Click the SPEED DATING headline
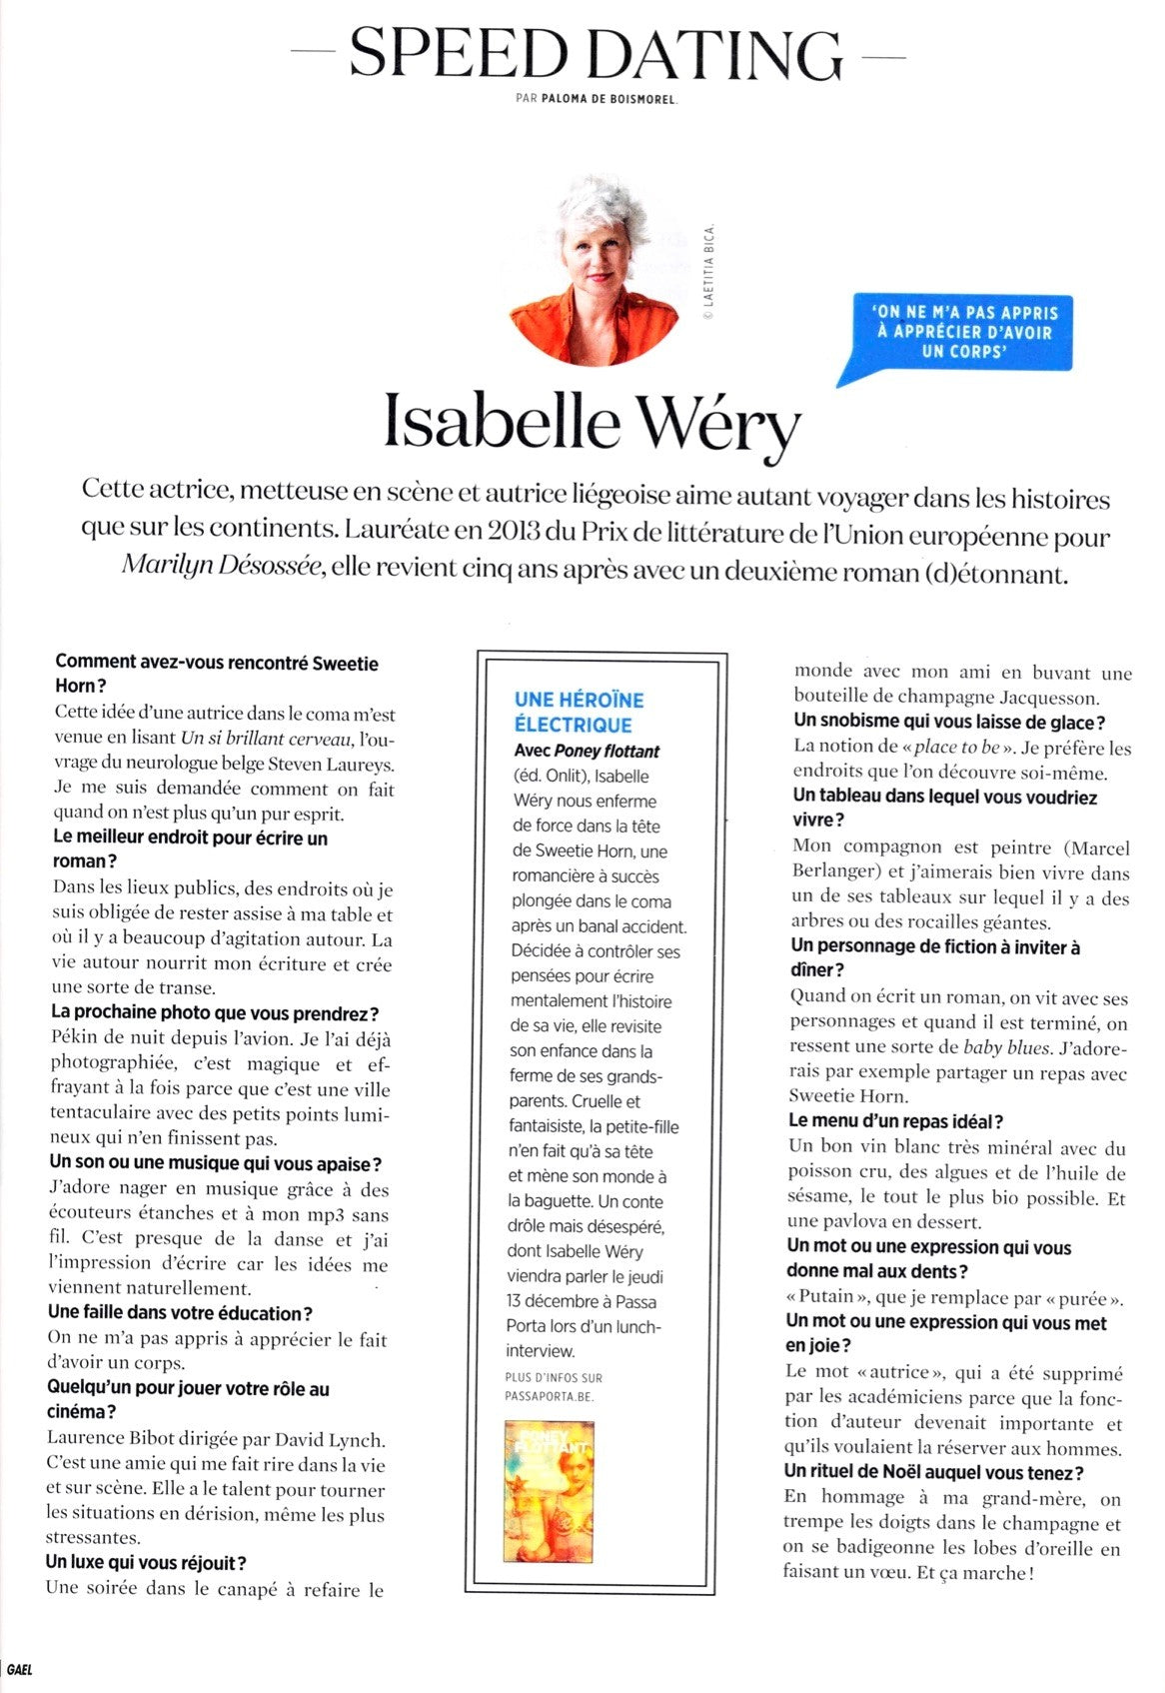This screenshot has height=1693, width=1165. [x=596, y=55]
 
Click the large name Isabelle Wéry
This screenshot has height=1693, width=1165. [x=592, y=424]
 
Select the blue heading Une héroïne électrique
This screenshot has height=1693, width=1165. [x=579, y=712]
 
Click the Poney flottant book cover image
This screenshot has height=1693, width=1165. [x=550, y=1492]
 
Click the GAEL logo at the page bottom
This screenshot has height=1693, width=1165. [x=19, y=1669]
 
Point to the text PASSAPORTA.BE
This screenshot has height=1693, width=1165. [x=550, y=1395]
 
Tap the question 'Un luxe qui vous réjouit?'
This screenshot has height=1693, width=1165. [x=146, y=1562]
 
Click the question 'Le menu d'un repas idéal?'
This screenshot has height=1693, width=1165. [x=896, y=1121]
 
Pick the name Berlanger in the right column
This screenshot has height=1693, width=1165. [x=837, y=871]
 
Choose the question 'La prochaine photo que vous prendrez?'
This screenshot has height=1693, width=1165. [x=215, y=1013]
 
